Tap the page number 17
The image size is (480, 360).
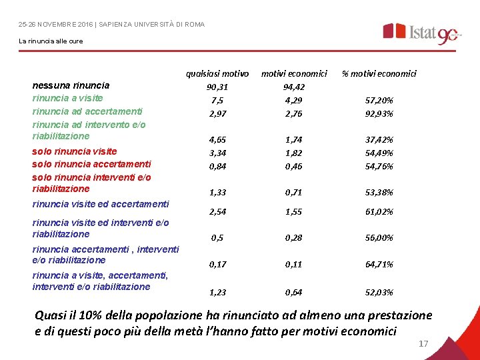click(423, 344)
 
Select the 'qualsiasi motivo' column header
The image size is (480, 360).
click(217, 73)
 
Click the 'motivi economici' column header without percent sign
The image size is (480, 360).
click(294, 73)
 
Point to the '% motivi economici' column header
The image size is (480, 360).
click(379, 73)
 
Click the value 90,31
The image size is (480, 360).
click(217, 87)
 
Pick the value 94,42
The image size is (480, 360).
click(294, 87)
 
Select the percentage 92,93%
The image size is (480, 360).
click(379, 113)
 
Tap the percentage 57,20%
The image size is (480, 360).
click(379, 100)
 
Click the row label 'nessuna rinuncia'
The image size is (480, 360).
click(71, 85)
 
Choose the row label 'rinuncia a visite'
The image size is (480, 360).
click(67, 98)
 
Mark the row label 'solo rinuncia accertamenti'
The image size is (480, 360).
click(91, 164)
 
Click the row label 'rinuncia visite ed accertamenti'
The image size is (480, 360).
click(101, 204)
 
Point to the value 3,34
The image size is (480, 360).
click(217, 153)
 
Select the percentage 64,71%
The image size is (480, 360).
click(379, 265)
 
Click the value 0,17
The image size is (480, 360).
click(217, 265)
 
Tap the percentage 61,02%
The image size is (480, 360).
click(379, 212)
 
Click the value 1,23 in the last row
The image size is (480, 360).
click(217, 292)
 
